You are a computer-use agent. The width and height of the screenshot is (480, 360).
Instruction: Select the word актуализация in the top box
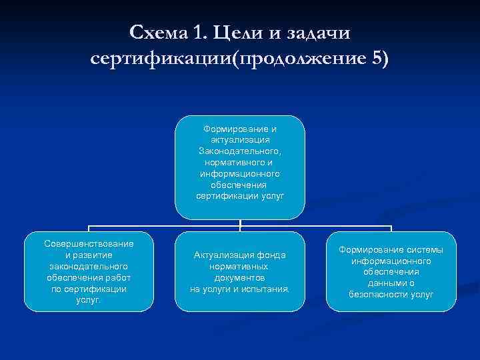(x=240, y=140)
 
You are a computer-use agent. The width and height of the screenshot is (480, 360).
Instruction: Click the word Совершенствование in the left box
(x=89, y=244)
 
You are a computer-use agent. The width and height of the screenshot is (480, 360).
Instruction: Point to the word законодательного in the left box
(x=89, y=267)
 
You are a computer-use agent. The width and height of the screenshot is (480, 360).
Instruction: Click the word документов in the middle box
(x=240, y=277)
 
